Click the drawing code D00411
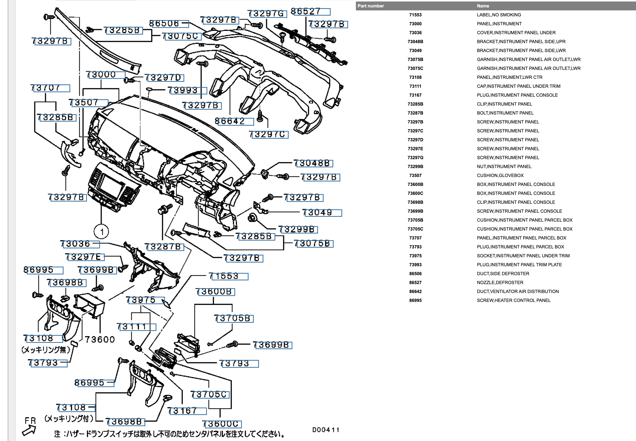click(x=326, y=430)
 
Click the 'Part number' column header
click(x=371, y=6)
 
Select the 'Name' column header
click(x=483, y=6)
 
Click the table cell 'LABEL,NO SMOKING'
click(x=499, y=15)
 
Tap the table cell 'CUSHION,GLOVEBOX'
click(x=500, y=176)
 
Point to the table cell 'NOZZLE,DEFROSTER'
click(x=500, y=282)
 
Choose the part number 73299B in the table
click(x=415, y=167)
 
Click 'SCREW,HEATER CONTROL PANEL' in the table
click(x=513, y=300)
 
